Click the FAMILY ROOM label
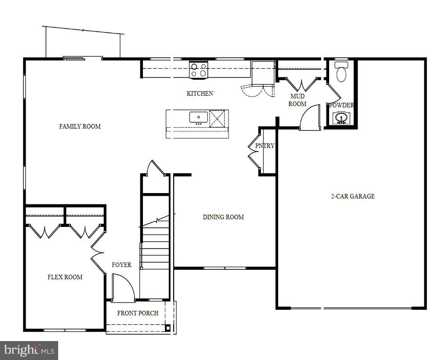tap(80, 126)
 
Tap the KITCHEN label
tap(200, 93)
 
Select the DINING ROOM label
tap(223, 217)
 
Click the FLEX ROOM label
tap(65, 277)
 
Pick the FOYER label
tap(122, 265)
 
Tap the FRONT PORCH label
tap(138, 313)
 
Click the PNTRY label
tap(265, 146)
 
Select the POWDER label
tap(341, 105)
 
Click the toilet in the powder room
tap(341, 73)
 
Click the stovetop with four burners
tap(198, 70)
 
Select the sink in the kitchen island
tap(198, 118)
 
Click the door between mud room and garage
tap(310, 118)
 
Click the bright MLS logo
tap(29, 350)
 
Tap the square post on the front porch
tap(168, 328)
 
